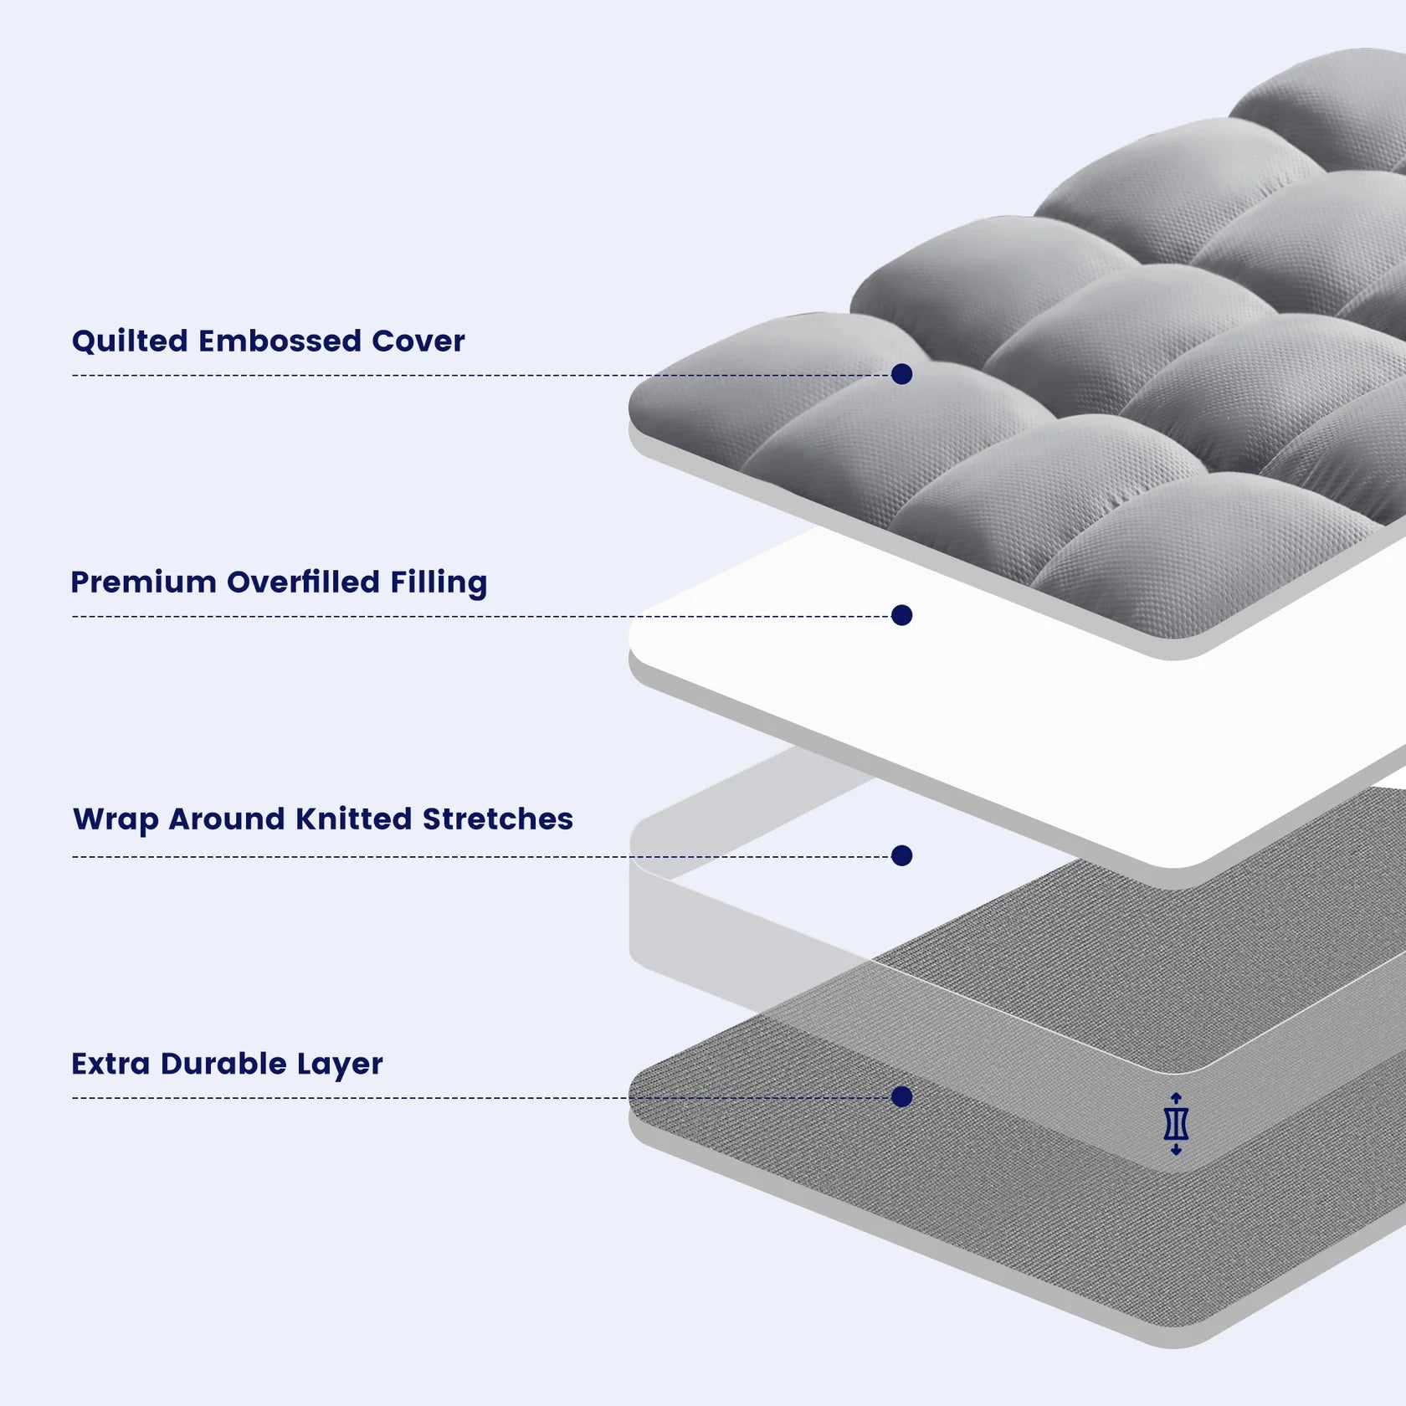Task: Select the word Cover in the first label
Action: point(418,341)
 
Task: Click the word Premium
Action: point(143,582)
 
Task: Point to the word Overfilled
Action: point(303,582)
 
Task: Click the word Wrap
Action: point(115,820)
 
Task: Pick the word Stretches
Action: point(497,819)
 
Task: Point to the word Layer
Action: point(339,1065)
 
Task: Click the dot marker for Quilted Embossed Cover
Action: point(901,374)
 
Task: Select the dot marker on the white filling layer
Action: point(901,615)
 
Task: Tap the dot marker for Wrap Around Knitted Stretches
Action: point(901,855)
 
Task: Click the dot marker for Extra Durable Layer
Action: point(901,1096)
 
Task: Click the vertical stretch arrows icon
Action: point(1176,1124)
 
